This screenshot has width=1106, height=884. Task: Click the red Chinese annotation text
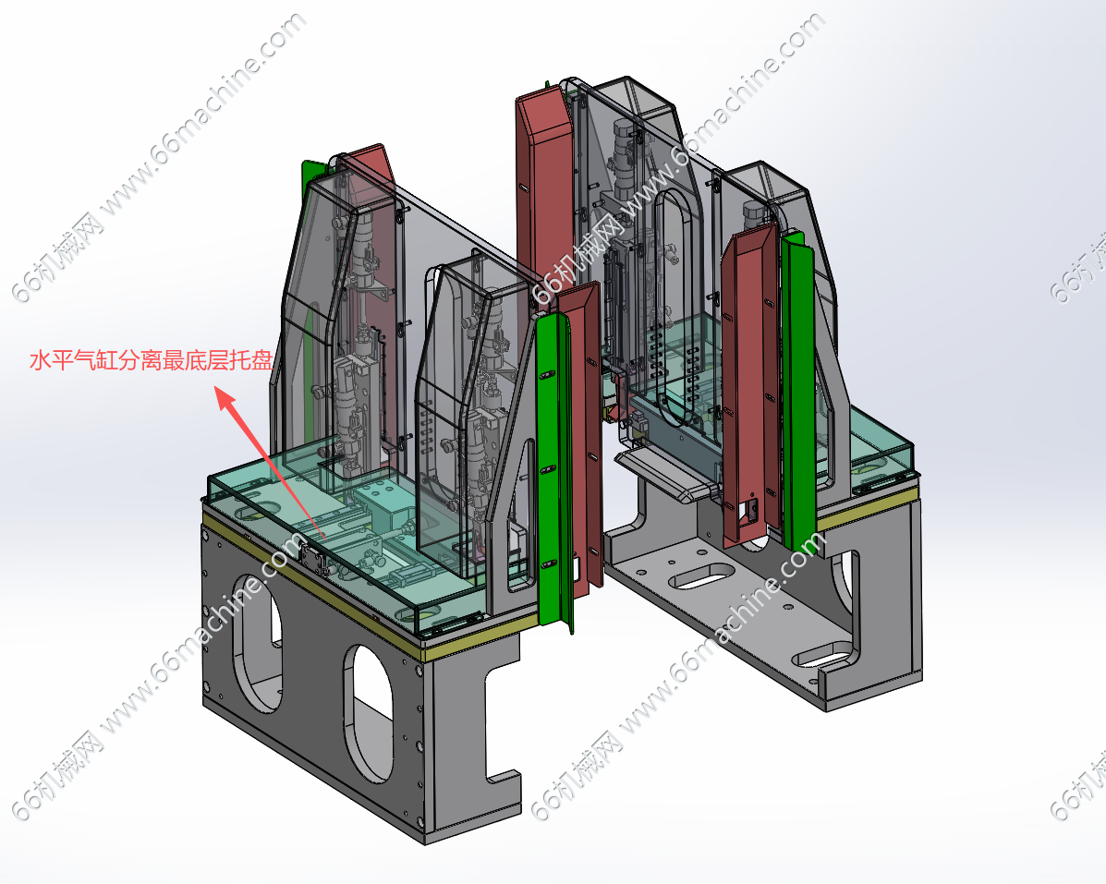pos(151,361)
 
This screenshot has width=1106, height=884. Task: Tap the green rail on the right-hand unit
pos(797,392)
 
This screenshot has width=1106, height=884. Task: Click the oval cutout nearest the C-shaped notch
pos(368,712)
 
